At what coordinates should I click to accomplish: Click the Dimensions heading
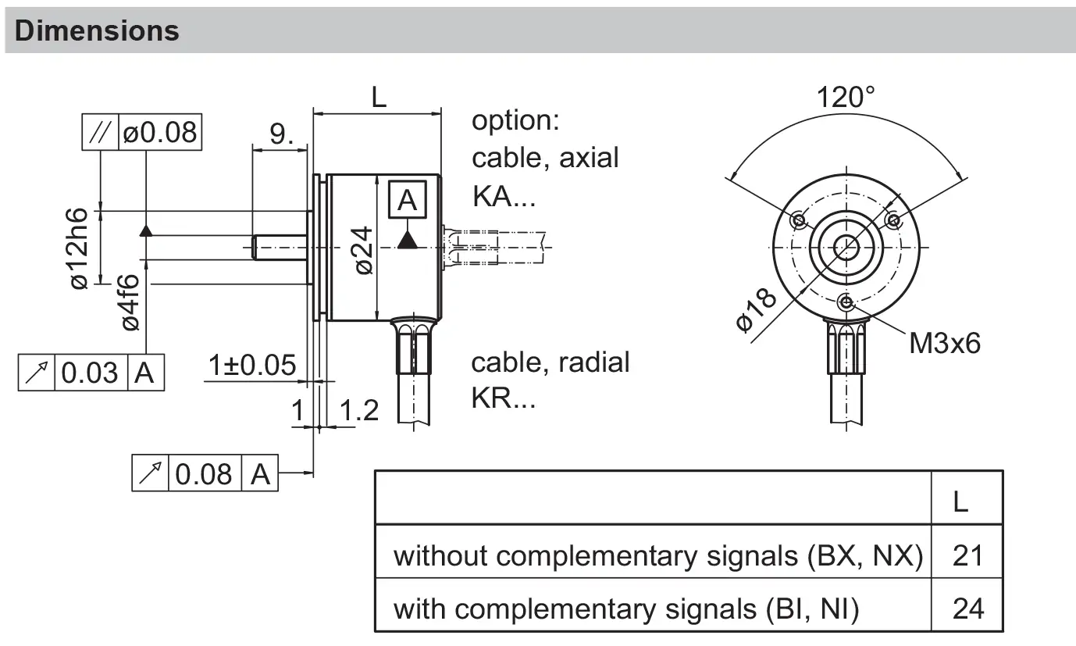[x=97, y=30]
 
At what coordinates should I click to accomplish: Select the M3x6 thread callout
[x=944, y=342]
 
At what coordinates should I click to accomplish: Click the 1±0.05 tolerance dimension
[x=252, y=365]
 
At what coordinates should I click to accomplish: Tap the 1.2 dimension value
[x=359, y=410]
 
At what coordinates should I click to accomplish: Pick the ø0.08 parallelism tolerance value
[x=160, y=132]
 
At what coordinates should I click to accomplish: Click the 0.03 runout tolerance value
[x=90, y=373]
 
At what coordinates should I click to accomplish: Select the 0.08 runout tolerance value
[x=204, y=473]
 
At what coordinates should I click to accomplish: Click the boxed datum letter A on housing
[x=408, y=201]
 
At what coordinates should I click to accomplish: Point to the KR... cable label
[x=504, y=398]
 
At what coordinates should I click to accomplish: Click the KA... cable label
[x=504, y=196]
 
